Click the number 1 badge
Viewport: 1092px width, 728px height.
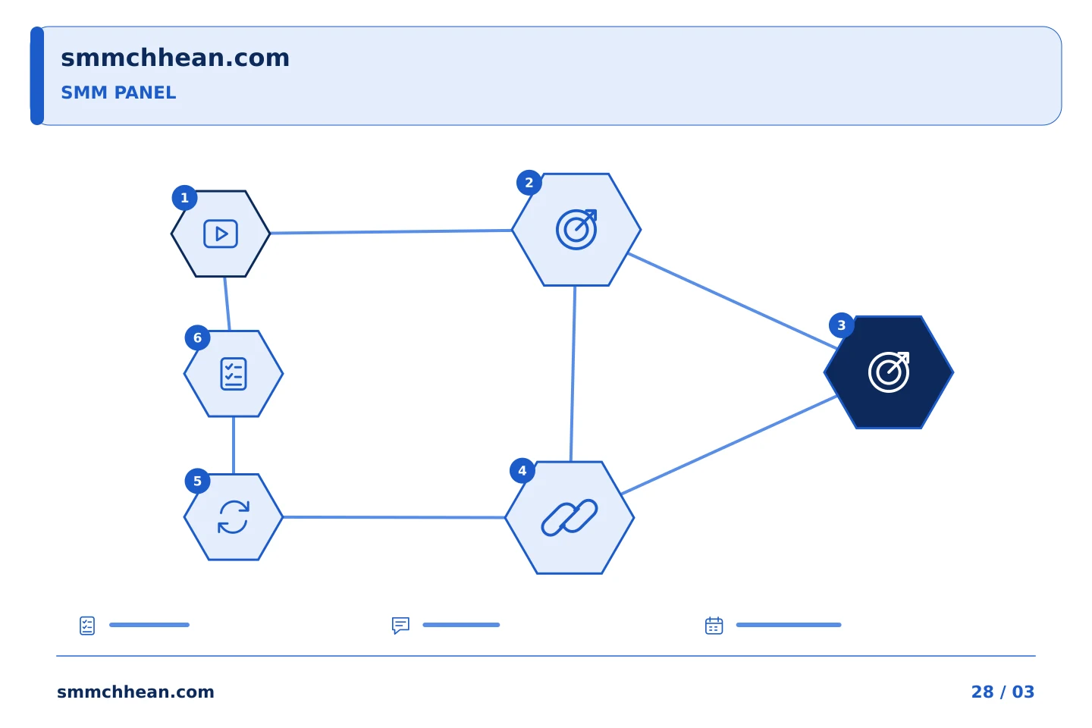point(185,198)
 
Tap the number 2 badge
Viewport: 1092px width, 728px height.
point(529,183)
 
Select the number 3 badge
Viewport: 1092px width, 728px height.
point(842,325)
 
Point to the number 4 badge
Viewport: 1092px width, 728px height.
point(522,470)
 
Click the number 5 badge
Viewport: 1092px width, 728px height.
point(197,482)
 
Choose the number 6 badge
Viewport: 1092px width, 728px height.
point(197,338)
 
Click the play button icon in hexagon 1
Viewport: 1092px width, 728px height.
point(221,234)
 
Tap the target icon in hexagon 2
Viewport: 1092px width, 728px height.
point(576,230)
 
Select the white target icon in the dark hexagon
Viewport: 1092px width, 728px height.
point(889,372)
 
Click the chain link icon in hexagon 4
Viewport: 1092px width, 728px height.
point(570,517)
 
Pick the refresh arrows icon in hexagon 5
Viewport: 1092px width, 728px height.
point(234,517)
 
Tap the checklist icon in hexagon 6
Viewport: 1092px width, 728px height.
point(234,374)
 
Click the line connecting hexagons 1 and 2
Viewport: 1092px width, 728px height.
point(391,231)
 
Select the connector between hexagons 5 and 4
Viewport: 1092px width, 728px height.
point(394,517)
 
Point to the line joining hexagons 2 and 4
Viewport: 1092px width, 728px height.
point(573,374)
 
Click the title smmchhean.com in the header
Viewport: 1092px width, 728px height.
point(175,58)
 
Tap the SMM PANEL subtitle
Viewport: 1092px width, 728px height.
point(118,93)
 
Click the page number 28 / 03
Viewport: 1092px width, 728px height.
point(1003,692)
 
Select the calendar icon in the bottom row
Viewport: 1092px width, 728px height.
point(714,626)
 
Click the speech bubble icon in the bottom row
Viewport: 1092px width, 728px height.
point(400,626)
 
